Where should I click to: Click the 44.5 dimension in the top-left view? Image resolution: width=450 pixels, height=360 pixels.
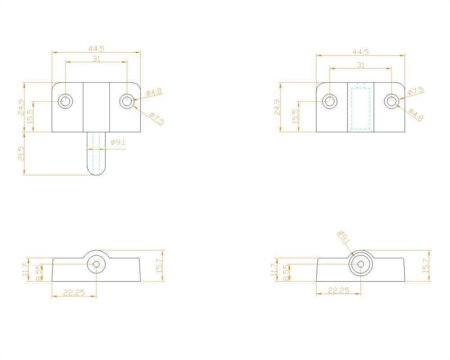click(x=96, y=48)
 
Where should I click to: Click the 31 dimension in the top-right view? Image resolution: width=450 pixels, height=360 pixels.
click(x=361, y=65)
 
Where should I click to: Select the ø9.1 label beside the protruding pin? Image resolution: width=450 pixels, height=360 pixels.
click(x=117, y=143)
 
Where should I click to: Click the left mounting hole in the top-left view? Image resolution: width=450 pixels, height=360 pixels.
click(x=66, y=101)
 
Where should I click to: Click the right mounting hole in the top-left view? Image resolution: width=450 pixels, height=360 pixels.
click(x=127, y=101)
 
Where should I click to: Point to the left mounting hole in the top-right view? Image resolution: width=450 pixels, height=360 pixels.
click(x=330, y=101)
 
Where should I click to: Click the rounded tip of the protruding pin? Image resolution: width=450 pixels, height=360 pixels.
click(x=96, y=171)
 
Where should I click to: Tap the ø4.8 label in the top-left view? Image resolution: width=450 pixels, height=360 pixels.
click(x=154, y=93)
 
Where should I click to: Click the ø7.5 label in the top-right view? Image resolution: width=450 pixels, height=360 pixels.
click(x=416, y=91)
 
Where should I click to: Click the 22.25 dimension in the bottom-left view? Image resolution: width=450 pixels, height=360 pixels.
click(x=74, y=292)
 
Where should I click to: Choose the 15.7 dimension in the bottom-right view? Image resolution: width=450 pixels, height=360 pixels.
click(x=426, y=265)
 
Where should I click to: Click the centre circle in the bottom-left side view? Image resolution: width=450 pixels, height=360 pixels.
click(x=96, y=264)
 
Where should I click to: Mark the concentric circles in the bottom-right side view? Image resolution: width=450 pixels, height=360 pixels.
click(x=361, y=264)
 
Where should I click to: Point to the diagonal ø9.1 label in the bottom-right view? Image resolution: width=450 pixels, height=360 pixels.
click(x=343, y=238)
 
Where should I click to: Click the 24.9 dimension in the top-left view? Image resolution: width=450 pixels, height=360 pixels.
click(x=21, y=107)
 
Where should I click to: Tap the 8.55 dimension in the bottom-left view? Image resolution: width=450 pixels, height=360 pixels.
click(x=39, y=273)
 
